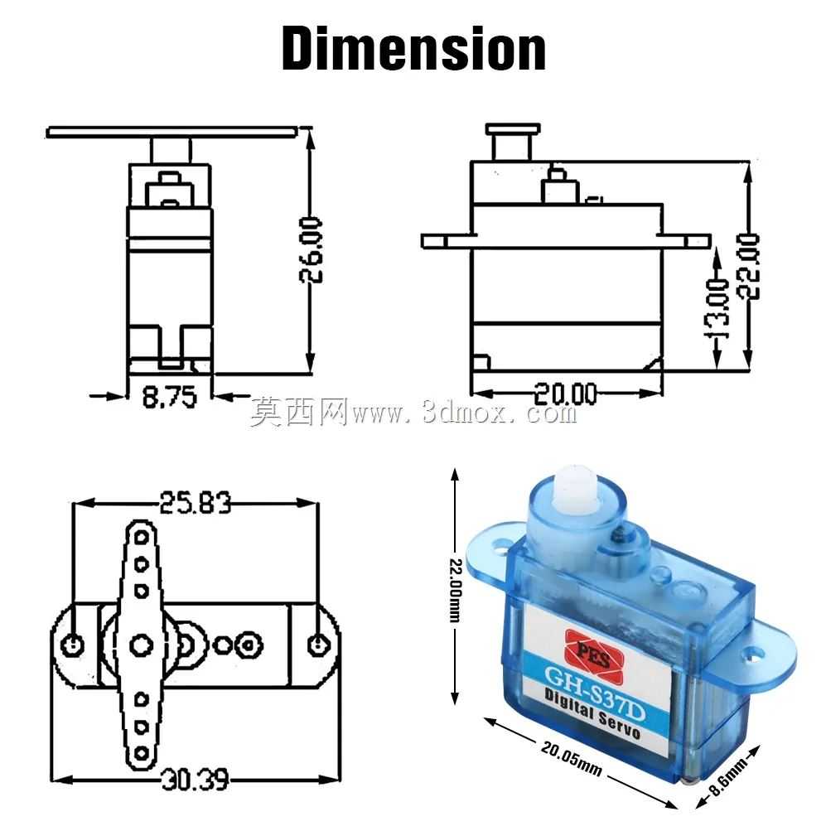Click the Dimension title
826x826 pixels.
click(413, 49)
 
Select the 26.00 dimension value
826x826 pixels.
click(312, 250)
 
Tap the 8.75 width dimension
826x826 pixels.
click(169, 397)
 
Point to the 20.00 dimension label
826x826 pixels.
click(565, 394)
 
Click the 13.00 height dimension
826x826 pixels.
click(718, 309)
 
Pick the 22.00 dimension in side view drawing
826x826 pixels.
click(749, 267)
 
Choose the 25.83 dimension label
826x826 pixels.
click(196, 503)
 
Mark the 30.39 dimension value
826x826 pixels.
click(195, 780)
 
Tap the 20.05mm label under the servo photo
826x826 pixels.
click(572, 759)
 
